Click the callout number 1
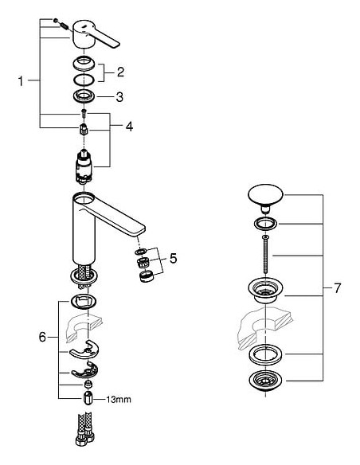click(22, 80)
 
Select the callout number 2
click(120, 72)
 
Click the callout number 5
click(174, 259)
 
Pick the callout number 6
click(41, 337)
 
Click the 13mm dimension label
click(119, 399)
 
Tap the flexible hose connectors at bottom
click(84, 435)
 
